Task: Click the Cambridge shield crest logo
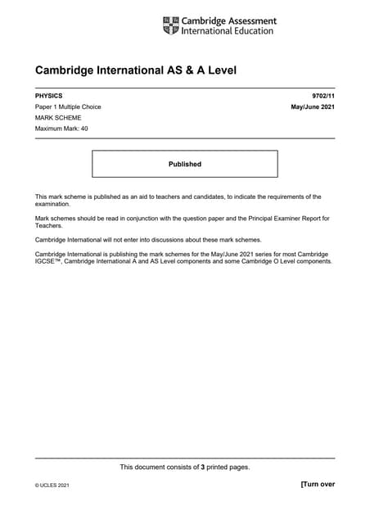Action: coord(170,25)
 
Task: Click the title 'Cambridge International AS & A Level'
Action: coord(135,70)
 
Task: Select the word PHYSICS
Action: coord(48,96)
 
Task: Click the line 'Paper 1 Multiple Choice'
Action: coord(68,107)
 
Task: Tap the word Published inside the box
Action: coord(184,164)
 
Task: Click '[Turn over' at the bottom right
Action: coord(318,484)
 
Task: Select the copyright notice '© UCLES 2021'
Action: coord(52,486)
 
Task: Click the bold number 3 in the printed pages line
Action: coord(202,467)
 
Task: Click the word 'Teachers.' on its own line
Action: coord(50,225)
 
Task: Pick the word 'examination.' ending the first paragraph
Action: coord(53,204)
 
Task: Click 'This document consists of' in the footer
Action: coord(159,467)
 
